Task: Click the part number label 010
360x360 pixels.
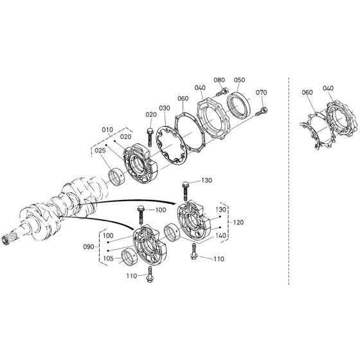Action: [107, 130]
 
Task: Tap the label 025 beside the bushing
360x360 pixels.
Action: [100, 150]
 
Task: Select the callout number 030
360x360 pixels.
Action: [165, 108]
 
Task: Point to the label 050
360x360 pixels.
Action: [239, 80]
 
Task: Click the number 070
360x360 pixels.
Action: [261, 93]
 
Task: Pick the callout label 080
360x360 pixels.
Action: [219, 80]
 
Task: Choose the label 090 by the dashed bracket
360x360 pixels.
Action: [89, 247]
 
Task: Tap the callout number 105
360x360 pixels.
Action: [109, 258]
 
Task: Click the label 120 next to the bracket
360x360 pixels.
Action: [239, 222]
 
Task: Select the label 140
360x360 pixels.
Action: [221, 235]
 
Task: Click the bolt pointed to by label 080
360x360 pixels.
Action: [222, 93]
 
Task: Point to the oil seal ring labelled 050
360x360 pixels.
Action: [239, 107]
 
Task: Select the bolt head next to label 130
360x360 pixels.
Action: [185, 184]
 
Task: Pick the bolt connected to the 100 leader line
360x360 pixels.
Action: [141, 215]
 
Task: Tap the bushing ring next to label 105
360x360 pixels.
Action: [129, 258]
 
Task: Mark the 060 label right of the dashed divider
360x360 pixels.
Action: [307, 93]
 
